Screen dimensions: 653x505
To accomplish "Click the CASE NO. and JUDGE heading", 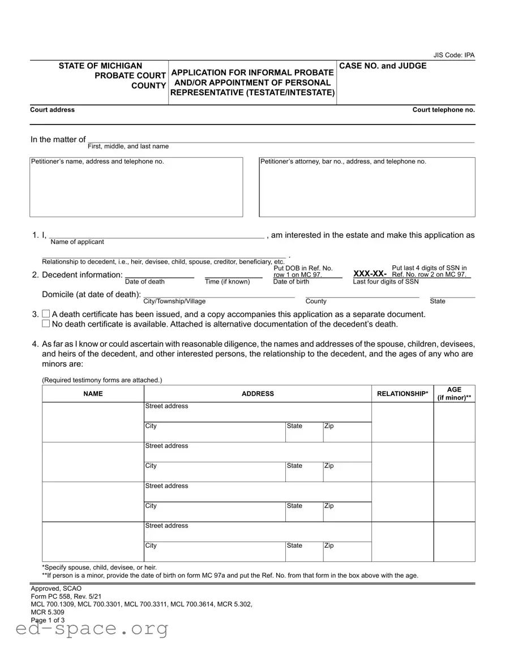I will (383, 66).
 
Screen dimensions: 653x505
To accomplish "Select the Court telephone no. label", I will (443, 110).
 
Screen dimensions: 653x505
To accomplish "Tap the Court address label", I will (52, 110).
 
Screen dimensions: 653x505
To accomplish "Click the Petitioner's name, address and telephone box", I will (136, 187).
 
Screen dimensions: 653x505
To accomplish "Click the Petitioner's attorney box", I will (367, 187).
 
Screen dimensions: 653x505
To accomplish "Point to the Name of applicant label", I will (77, 242).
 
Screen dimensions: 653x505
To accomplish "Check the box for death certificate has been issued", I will (46, 314).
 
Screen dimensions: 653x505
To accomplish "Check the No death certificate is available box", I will (46, 324).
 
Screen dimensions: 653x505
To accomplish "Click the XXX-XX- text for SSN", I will (370, 274).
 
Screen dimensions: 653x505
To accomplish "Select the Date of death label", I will (145, 282).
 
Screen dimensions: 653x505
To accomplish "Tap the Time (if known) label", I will (227, 282).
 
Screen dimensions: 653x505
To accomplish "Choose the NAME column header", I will (93, 394).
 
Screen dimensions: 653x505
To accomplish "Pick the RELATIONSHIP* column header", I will (402, 394).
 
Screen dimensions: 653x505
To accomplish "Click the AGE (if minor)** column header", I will (454, 393).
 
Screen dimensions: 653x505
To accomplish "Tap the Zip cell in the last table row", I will (346, 551).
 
